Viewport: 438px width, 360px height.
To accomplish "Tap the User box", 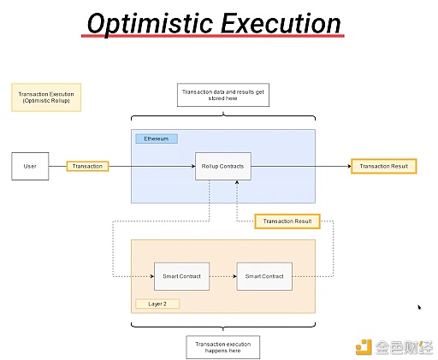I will pyautogui.click(x=30, y=166).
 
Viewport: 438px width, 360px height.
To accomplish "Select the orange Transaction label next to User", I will pyautogui.click(x=87, y=166).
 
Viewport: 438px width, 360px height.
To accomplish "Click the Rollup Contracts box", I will pyautogui.click(x=222, y=166).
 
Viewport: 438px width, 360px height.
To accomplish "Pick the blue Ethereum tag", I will pyautogui.click(x=157, y=139).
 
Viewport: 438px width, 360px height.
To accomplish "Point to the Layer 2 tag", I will pyautogui.click(x=151, y=303).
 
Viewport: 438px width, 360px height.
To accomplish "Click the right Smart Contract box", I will pyautogui.click(x=264, y=277).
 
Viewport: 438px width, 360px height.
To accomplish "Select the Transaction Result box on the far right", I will pyautogui.click(x=383, y=166).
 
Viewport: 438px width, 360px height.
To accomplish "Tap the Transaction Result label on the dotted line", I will pyautogui.click(x=287, y=221).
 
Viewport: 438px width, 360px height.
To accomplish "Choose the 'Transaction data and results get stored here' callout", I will pyautogui.click(x=222, y=95).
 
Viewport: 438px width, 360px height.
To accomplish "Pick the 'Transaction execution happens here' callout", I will pyautogui.click(x=222, y=346).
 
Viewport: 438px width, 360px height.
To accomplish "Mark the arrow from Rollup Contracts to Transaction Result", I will pyautogui.click(x=299, y=166).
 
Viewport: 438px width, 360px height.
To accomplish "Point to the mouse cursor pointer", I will pyautogui.click(x=419, y=307).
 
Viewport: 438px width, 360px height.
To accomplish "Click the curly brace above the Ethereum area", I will pyautogui.click(x=222, y=117).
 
